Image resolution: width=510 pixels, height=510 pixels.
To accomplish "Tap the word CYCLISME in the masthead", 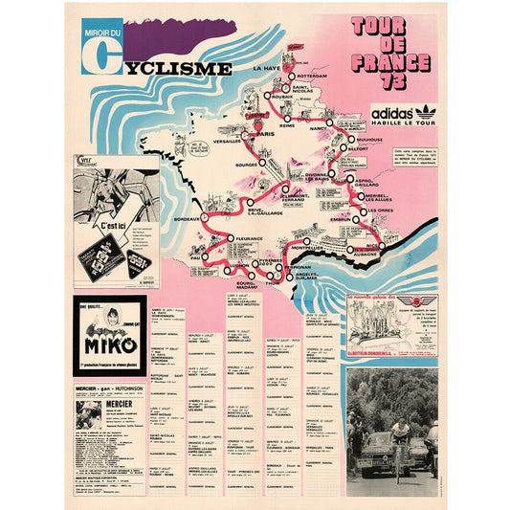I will click(x=176, y=68).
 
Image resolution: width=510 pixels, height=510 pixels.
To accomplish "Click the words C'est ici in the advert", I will click(x=114, y=218).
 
